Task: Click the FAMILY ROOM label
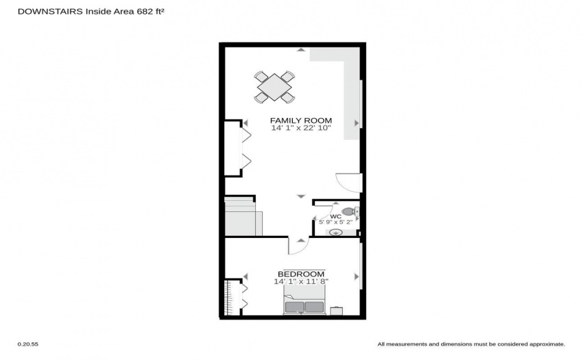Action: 301,121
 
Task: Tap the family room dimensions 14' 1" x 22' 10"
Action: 301,128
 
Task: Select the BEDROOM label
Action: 301,274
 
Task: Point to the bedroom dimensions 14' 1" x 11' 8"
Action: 301,282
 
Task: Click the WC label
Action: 335,217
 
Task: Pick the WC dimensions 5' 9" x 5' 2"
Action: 336,222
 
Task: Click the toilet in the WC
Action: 350,212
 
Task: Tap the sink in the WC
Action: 336,232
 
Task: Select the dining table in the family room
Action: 274,87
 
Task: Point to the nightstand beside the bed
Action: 337,311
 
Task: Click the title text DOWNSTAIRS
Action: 50,12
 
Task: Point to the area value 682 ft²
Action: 151,11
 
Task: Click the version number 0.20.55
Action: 28,344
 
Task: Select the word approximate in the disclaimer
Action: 547,344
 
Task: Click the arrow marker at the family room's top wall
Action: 301,49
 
